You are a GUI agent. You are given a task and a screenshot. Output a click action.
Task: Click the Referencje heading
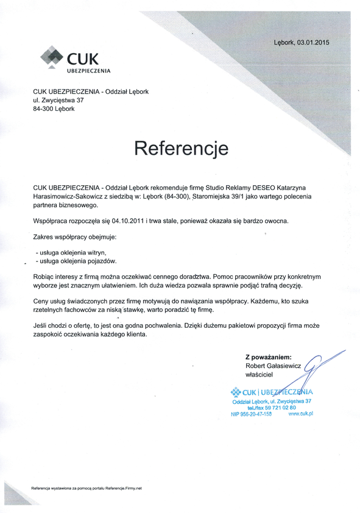[181, 148]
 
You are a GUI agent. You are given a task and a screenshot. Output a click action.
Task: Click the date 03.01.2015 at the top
[316, 43]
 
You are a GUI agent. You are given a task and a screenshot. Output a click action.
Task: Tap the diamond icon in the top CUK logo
[52, 59]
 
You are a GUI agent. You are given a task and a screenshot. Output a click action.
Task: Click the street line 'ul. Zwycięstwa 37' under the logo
[58, 100]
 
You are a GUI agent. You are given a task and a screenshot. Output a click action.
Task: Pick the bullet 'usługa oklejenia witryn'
[73, 252]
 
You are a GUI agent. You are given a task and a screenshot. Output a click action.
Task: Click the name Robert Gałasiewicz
[274, 366]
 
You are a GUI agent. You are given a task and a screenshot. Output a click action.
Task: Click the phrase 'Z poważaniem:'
[268, 356]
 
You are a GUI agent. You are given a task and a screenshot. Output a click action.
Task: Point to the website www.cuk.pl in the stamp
[300, 414]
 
